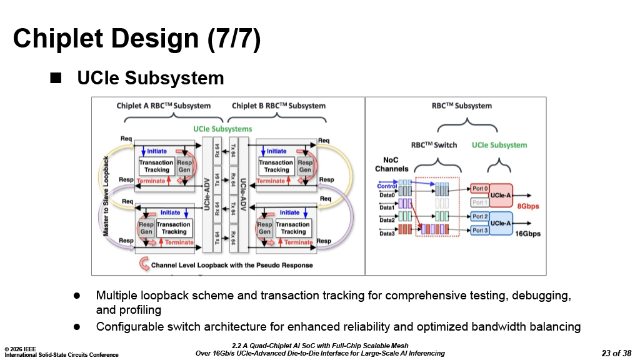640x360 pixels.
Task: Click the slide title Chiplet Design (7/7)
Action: pyautogui.click(x=137, y=39)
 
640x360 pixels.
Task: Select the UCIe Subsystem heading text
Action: pyautogui.click(x=150, y=78)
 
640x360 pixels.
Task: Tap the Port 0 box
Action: pyautogui.click(x=480, y=189)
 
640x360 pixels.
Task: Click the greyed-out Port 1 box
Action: pyautogui.click(x=480, y=202)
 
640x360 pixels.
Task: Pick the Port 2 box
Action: pyautogui.click(x=480, y=216)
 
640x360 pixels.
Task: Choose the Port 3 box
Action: pyautogui.click(x=480, y=231)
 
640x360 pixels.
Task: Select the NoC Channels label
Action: pyautogui.click(x=392, y=164)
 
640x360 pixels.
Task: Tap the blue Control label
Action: pyautogui.click(x=387, y=186)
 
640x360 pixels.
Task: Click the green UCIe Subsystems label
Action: pyautogui.click(x=222, y=129)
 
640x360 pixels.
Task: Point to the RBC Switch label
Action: pyautogui.click(x=434, y=145)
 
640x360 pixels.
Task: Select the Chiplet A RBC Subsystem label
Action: pyautogui.click(x=164, y=106)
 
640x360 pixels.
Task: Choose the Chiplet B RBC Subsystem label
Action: pyautogui.click(x=279, y=106)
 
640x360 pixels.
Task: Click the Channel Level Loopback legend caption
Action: pyautogui.click(x=232, y=265)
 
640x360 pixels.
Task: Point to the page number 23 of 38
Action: pyautogui.click(x=616, y=353)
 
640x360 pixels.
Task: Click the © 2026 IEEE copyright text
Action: pyautogui.click(x=22, y=348)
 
